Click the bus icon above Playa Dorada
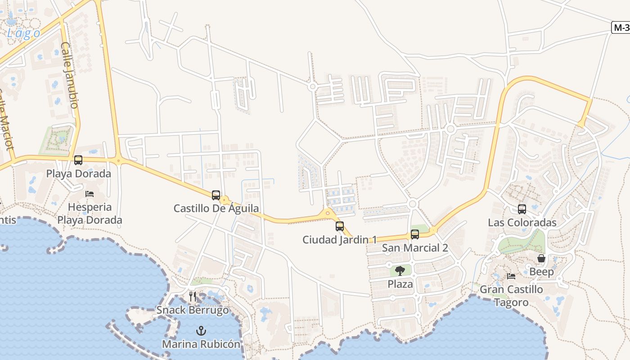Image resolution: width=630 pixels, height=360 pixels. (78, 160)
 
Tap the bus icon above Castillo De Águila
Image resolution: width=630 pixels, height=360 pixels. (216, 195)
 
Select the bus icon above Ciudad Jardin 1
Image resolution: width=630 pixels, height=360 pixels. (340, 226)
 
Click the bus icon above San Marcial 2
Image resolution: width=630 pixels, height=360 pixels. (415, 234)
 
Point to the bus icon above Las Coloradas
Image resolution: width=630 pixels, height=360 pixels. (522, 209)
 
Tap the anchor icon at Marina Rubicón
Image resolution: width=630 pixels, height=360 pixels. (201, 331)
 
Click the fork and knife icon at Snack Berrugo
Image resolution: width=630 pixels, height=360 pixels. (193, 296)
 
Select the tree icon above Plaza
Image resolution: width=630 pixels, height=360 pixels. (400, 270)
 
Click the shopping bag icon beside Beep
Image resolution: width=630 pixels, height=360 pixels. (541, 258)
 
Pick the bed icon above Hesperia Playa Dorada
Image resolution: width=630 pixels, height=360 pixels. (90, 194)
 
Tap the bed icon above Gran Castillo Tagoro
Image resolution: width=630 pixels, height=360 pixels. (511, 276)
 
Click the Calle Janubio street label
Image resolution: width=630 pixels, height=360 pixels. (70, 75)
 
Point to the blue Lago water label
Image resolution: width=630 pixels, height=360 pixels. (23, 33)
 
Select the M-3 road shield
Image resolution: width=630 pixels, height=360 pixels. (621, 27)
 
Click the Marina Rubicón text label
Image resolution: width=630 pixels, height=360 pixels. (201, 344)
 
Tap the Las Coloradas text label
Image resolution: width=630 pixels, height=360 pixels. (522, 222)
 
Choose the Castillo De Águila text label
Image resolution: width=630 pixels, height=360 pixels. (216, 208)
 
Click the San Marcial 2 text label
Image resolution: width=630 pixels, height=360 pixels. (415, 247)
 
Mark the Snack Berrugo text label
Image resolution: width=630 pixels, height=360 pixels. (193, 310)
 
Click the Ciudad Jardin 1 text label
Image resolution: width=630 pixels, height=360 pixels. (339, 239)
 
